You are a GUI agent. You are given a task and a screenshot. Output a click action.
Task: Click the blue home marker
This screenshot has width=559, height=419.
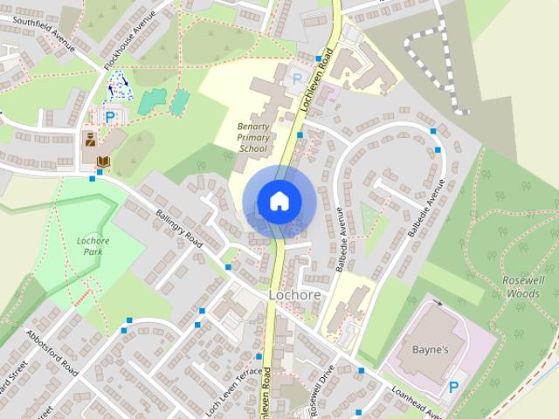[278, 201]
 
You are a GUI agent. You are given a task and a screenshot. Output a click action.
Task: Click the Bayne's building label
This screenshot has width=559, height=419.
[429, 350]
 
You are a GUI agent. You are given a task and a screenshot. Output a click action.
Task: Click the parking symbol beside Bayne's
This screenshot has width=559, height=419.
[453, 387]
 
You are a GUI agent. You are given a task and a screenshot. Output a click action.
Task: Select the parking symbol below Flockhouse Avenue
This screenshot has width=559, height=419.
[110, 116]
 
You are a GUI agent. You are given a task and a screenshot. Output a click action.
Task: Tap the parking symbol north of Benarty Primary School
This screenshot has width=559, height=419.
[297, 79]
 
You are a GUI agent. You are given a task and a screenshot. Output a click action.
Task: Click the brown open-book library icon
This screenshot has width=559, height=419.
[103, 161]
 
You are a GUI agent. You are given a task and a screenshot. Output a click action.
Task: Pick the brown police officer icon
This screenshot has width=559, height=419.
[89, 140]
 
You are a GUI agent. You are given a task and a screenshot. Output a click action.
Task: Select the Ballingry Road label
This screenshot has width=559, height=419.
[178, 229]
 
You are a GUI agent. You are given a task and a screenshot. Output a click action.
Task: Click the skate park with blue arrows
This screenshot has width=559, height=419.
[116, 86]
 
